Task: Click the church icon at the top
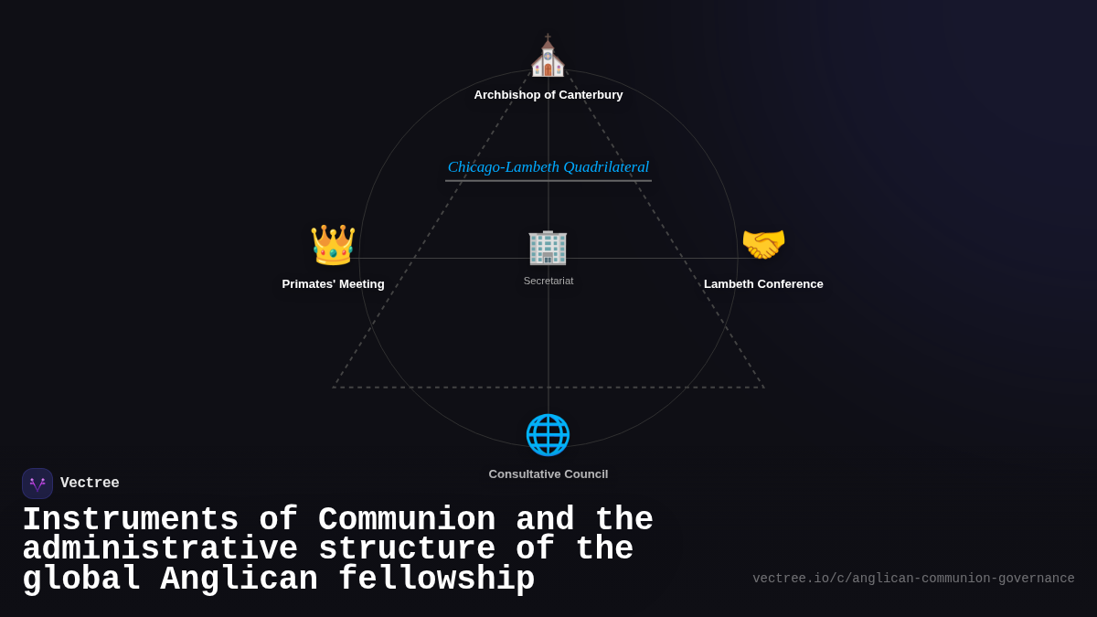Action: point(548,58)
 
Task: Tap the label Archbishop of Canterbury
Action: point(548,95)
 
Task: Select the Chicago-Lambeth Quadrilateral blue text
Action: point(548,167)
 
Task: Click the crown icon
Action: point(333,245)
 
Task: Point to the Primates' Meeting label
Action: point(333,284)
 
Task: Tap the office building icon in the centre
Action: point(548,247)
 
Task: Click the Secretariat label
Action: point(548,281)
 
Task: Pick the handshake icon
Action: point(763,245)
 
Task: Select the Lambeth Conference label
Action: point(763,284)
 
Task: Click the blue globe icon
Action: point(548,435)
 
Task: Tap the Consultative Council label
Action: point(548,474)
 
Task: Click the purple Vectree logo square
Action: point(37,484)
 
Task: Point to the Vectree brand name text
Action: point(90,484)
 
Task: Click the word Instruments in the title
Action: point(131,520)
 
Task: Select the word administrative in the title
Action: point(160,549)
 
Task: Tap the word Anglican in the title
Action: point(240,580)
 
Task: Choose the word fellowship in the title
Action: point(437,580)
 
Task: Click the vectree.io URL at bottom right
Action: point(913,579)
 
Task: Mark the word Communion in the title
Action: point(407,520)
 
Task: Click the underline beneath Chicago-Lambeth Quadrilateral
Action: point(548,181)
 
